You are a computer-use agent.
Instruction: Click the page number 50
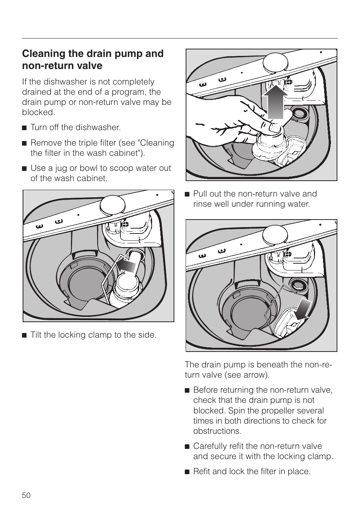pos(26,495)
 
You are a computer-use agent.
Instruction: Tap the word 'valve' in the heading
pos(89,66)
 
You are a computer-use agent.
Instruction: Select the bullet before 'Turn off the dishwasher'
pos(24,127)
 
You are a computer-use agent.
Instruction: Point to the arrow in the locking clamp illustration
pos(126,266)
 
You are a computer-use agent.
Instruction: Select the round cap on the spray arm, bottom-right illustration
pos(274,234)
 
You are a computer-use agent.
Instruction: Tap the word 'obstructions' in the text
pos(217,431)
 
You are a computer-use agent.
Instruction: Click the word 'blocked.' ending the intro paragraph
pos(38,112)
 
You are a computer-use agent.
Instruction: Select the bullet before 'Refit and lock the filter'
pos(187,472)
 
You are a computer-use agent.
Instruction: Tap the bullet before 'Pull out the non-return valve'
pos(187,194)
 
